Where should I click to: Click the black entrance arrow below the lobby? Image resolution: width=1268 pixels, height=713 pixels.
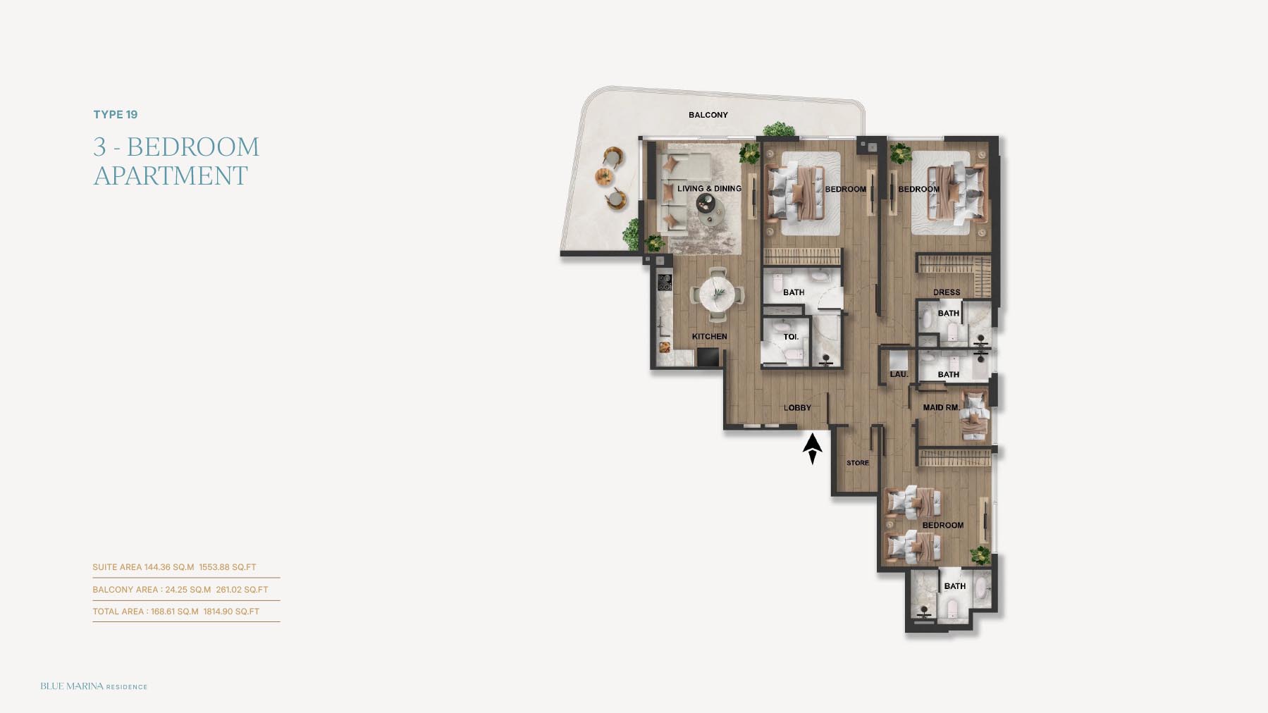tap(813, 449)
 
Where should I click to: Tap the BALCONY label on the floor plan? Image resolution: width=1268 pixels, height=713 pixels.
tap(708, 115)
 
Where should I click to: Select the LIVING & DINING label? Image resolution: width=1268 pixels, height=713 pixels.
tap(709, 189)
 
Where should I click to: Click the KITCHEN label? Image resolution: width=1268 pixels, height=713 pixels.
tap(709, 337)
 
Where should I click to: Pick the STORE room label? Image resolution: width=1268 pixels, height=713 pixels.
tap(858, 463)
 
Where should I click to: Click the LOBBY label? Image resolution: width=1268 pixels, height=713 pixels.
tap(797, 408)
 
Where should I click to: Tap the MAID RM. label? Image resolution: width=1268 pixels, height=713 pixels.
tap(941, 407)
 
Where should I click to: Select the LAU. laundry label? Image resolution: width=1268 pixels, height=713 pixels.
tap(899, 374)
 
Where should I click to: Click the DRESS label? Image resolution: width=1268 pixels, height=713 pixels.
tap(947, 292)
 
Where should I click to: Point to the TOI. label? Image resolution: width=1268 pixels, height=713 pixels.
tap(791, 337)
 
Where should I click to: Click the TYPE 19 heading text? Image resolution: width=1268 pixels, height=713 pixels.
tap(116, 115)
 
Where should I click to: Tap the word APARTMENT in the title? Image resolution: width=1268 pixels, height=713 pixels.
tap(171, 175)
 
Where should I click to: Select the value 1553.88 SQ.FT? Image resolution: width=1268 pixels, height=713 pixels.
tap(228, 567)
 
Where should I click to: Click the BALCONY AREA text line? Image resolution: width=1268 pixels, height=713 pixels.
tap(180, 590)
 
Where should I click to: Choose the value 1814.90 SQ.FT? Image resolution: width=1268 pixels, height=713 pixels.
tap(231, 612)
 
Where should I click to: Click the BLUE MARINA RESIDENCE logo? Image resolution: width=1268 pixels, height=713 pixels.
tap(94, 686)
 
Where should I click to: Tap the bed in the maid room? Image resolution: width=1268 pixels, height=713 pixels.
tap(975, 416)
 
